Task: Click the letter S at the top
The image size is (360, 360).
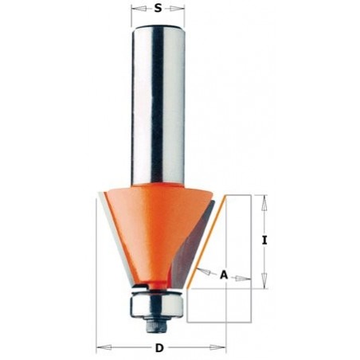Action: [x=158, y=10]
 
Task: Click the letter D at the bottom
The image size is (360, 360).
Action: [x=159, y=348]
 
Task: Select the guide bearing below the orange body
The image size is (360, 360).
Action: [x=156, y=301]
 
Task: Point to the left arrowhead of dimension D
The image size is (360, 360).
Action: [x=100, y=348]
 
